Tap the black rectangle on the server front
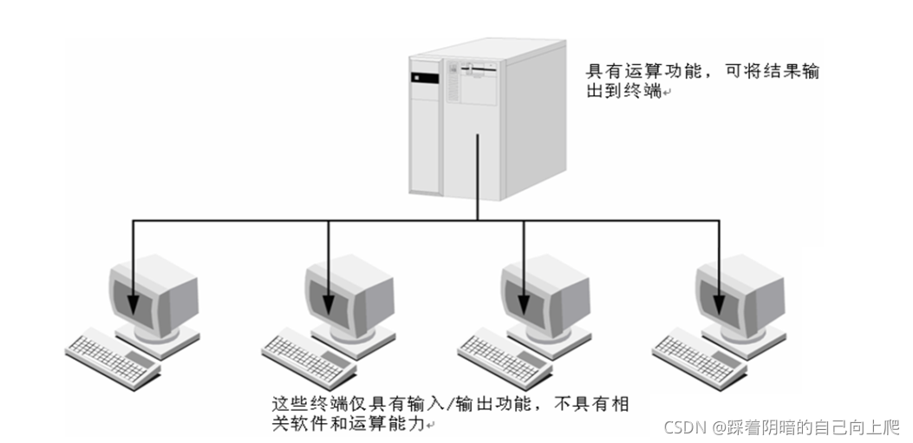point(420,77)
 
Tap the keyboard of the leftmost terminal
point(114,355)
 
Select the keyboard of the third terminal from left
point(505,355)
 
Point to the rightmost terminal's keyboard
point(701,355)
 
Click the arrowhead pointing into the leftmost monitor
point(133,306)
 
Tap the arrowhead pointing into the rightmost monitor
point(719,306)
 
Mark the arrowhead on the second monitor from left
point(329,306)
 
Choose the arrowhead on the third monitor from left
point(524,306)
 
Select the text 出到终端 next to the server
point(624,92)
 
